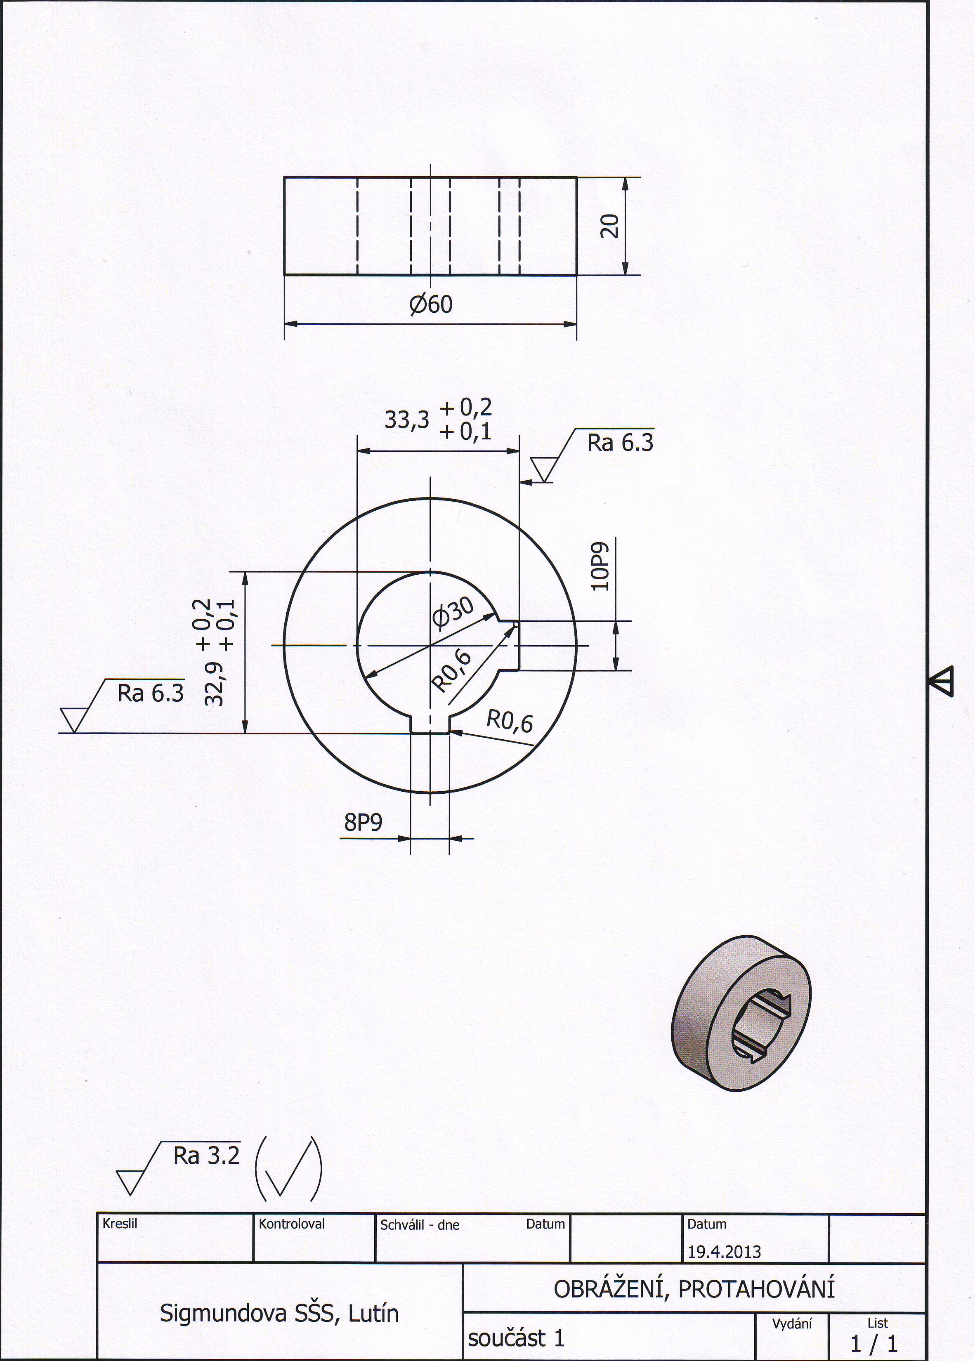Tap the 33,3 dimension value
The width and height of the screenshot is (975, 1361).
click(407, 420)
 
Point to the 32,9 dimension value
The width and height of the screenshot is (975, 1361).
click(214, 683)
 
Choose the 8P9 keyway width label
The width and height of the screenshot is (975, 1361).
click(363, 822)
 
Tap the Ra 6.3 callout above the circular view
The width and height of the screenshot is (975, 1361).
click(620, 443)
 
